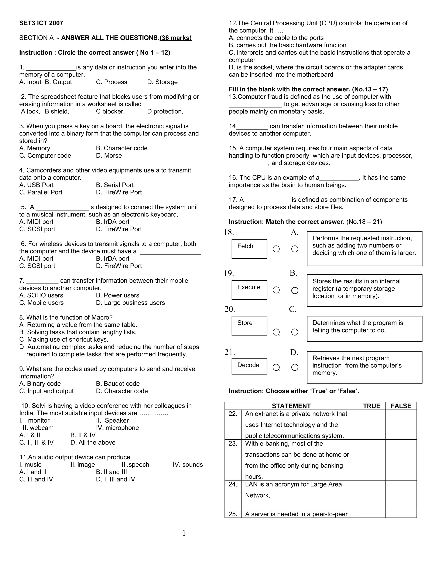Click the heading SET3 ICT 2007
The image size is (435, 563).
[41, 23]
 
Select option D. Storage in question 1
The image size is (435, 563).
[162, 82]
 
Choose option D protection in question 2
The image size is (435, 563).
[165, 111]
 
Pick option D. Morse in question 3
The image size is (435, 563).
[109, 156]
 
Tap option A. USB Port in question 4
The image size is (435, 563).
[36, 185]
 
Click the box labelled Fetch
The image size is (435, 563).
[249, 249]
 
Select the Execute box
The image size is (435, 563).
[249, 290]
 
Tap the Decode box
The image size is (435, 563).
[249, 366]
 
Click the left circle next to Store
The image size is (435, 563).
[276, 332]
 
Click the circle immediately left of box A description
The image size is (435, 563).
[295, 249]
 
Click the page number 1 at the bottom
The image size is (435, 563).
[184, 533]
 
